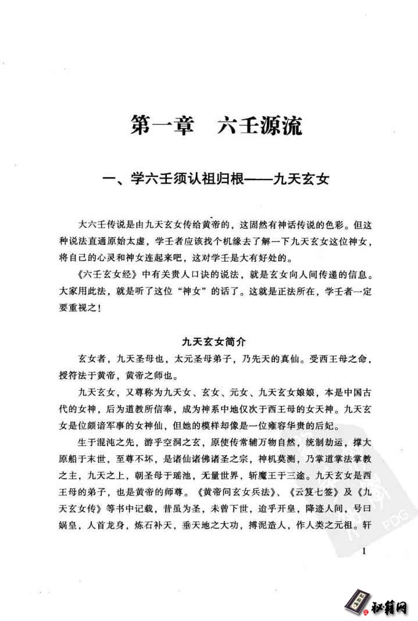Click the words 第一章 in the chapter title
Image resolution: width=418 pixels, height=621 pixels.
pyautogui.click(x=162, y=126)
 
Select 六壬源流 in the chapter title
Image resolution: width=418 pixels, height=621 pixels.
pyautogui.click(x=259, y=126)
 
